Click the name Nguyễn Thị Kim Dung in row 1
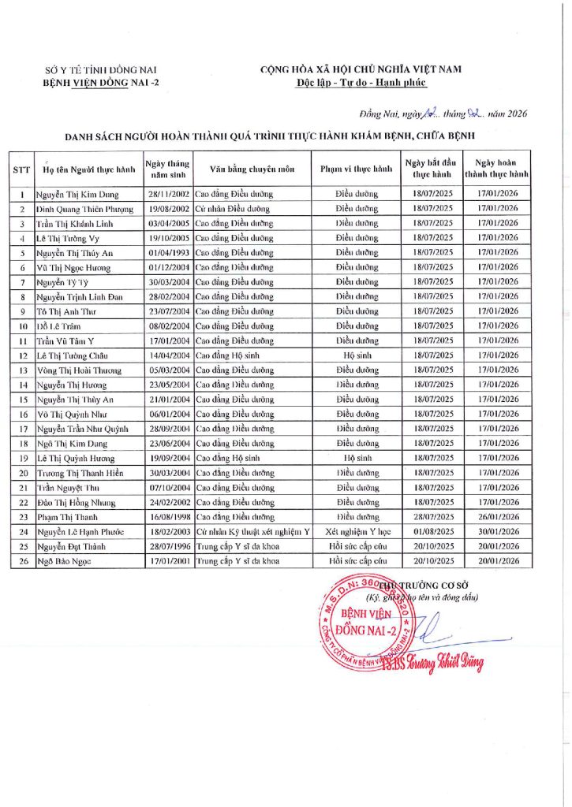coord(76,194)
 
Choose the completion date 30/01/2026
coord(498,532)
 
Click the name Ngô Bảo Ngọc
coord(63,561)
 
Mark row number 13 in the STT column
coord(22,370)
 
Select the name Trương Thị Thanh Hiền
coord(80,473)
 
